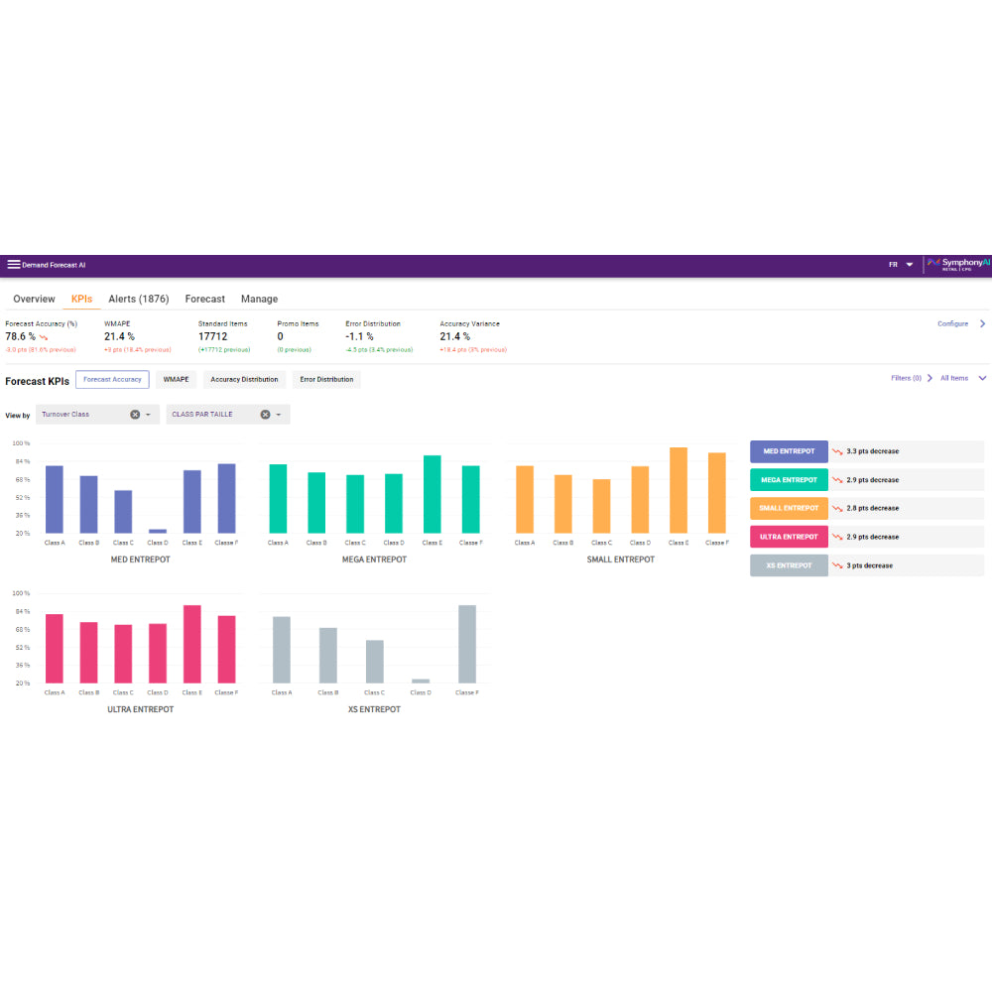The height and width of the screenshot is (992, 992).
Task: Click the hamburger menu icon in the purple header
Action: coord(14,265)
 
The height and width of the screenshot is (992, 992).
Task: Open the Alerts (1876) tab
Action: coord(138,299)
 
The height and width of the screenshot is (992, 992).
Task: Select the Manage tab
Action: coord(259,299)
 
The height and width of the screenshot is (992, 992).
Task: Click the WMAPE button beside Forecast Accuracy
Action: coord(176,379)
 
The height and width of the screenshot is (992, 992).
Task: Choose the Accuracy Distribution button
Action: coord(244,379)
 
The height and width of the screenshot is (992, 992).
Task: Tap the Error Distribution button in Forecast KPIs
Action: coord(326,379)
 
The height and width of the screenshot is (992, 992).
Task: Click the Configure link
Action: coord(952,324)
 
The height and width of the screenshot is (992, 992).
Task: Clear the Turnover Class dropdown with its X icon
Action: coord(135,415)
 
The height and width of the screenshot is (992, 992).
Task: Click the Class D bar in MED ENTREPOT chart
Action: coord(158,531)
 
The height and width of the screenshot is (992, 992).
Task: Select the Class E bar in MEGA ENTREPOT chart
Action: coord(433,494)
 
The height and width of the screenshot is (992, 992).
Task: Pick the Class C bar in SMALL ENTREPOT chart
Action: coord(601,506)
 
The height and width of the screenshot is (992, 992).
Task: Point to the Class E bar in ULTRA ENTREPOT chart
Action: coord(192,644)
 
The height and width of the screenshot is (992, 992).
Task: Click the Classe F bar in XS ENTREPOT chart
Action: coord(467,644)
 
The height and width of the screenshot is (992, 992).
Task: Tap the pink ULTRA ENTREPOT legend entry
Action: coord(789,537)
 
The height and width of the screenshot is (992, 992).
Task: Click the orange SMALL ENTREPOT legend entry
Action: coord(789,508)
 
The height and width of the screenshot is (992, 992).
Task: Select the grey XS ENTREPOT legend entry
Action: coord(789,565)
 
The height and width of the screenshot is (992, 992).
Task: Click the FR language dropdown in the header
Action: coord(901,265)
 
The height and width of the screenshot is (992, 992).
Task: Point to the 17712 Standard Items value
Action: coord(212,337)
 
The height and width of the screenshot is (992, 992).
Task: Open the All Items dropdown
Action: coord(962,378)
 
